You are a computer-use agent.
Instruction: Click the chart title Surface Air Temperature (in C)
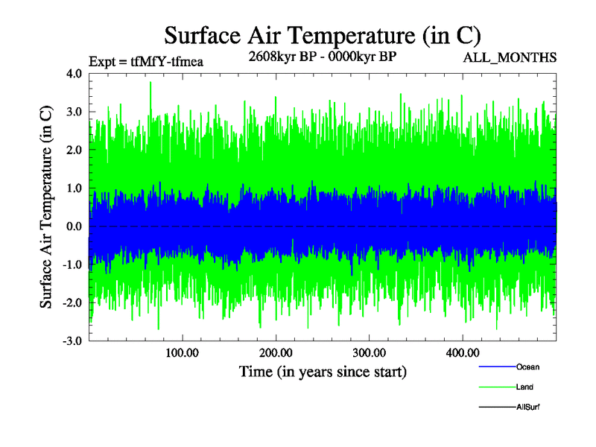click(x=322, y=35)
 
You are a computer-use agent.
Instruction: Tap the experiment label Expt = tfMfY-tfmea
click(x=146, y=62)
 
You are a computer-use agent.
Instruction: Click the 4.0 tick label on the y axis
click(x=74, y=74)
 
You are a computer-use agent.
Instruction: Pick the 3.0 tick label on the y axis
click(x=74, y=112)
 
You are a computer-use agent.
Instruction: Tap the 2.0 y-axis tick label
click(x=74, y=150)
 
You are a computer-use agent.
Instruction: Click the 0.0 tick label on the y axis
click(x=74, y=226)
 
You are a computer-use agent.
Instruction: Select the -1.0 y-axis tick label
click(x=73, y=264)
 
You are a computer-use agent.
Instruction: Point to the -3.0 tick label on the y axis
click(x=73, y=341)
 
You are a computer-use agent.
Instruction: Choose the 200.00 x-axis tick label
click(x=275, y=352)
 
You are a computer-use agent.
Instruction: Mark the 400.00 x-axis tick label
click(x=462, y=352)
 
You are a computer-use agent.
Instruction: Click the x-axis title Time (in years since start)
click(x=323, y=371)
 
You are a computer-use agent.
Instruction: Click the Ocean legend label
click(x=527, y=367)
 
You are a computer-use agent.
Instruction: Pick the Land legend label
click(x=524, y=387)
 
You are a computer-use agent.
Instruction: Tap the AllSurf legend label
click(x=528, y=407)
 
